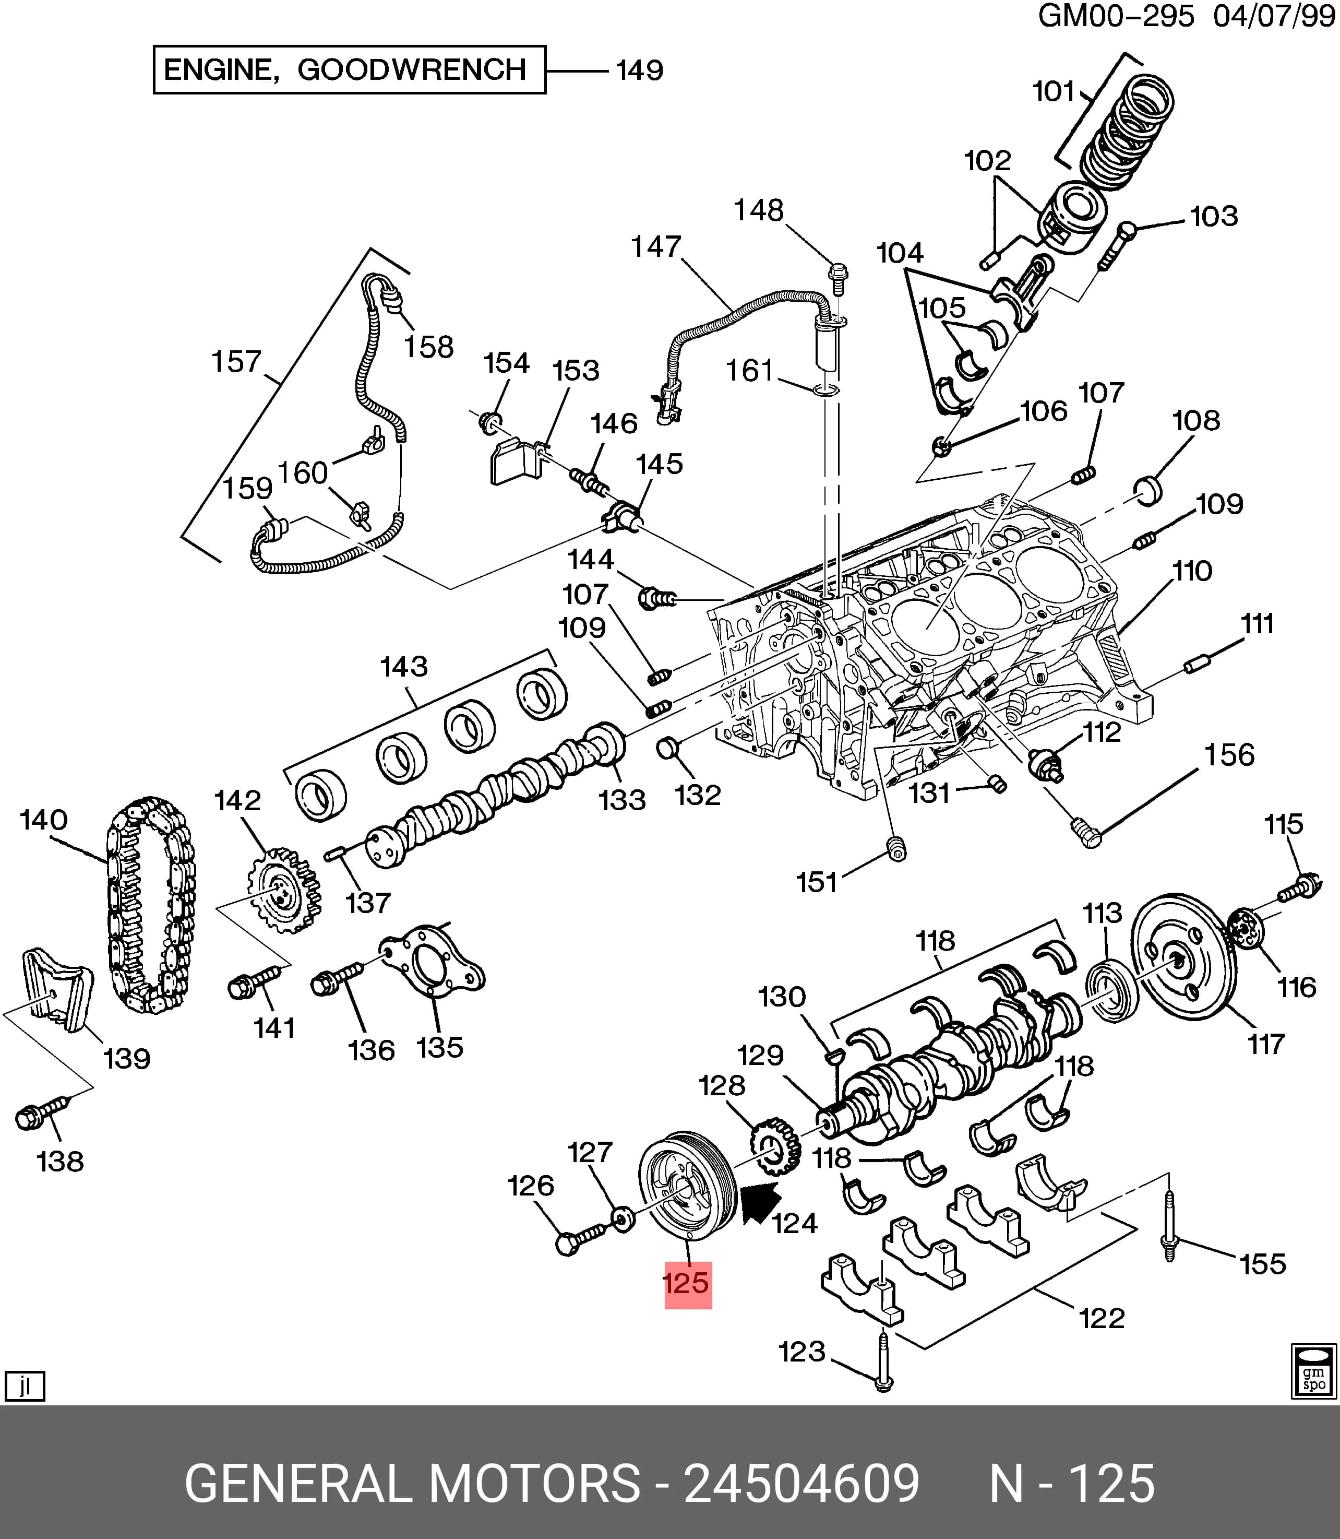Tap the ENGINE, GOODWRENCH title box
coord(349,69)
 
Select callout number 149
coord(639,70)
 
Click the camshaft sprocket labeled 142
coord(283,890)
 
